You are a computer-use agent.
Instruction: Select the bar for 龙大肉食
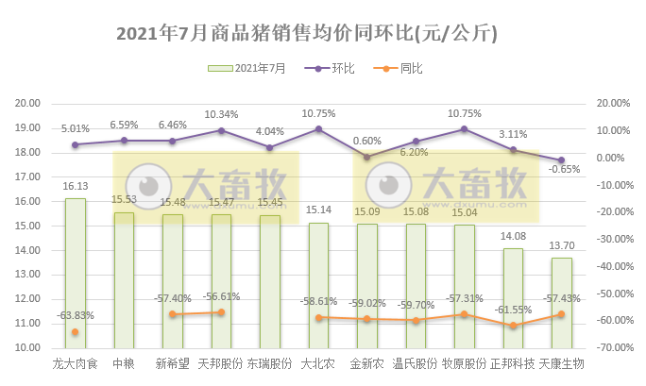75,274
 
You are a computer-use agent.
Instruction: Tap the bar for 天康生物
562,303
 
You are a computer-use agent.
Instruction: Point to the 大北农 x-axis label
318,363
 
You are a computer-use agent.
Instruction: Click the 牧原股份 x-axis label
464,363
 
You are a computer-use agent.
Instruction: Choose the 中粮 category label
123,363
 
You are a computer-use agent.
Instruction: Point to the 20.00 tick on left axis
28,104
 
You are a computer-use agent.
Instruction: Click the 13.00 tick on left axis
28,275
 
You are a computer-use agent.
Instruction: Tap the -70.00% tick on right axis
609,348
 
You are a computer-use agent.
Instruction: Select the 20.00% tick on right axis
609,104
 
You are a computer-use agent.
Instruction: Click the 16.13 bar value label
76,187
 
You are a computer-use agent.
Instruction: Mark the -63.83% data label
76,315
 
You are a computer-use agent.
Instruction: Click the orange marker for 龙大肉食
75,332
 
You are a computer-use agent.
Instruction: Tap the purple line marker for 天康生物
561,160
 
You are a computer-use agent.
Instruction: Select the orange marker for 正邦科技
513,326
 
